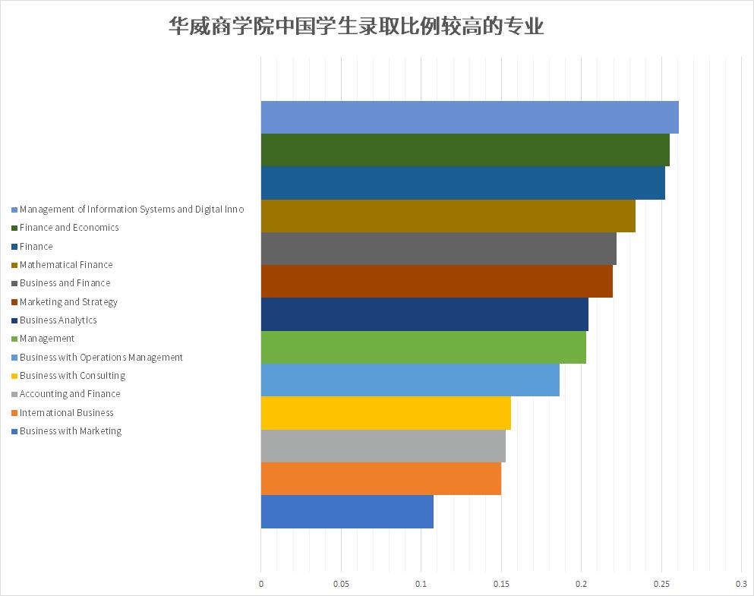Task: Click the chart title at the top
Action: pos(356,27)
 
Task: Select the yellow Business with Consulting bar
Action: pos(386,413)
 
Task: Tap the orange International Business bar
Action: pos(380,478)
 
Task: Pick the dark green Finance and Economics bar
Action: pos(465,150)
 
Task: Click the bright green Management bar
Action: pos(423,347)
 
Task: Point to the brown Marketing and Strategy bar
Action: pos(437,282)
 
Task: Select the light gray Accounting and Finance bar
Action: pos(383,446)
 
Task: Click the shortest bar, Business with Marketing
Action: pos(347,512)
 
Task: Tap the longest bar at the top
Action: pos(469,117)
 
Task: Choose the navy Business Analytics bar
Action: pos(424,314)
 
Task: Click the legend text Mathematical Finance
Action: pos(66,265)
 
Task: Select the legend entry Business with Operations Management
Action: pos(101,358)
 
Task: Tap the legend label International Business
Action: pos(67,413)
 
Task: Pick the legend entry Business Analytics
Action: pos(58,320)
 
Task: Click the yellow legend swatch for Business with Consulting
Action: pos(14,376)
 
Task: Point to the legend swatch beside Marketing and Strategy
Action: pos(14,302)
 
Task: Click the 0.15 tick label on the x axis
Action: pos(501,584)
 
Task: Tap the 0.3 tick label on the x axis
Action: pos(741,584)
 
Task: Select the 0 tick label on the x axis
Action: pos(261,584)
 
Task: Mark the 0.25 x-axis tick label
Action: pos(661,584)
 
